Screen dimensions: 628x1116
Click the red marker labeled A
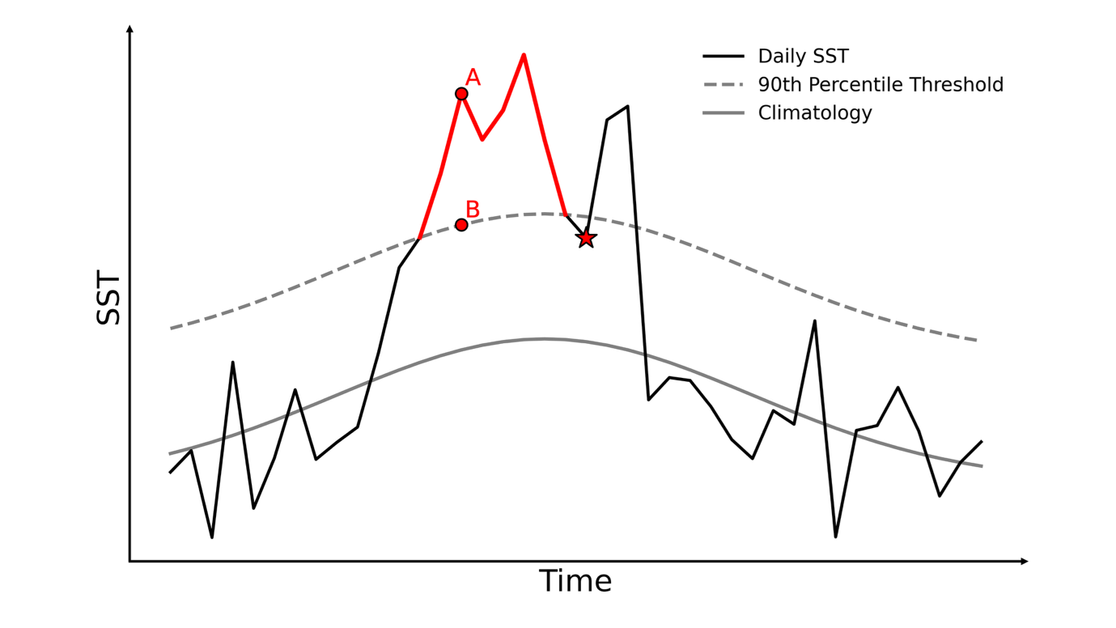tap(461, 94)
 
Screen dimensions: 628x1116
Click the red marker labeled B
tap(461, 225)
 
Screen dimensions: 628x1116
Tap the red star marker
tap(586, 238)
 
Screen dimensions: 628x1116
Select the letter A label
tap(473, 78)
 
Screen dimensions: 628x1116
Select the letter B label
tap(473, 210)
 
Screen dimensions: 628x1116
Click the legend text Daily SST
tap(803, 57)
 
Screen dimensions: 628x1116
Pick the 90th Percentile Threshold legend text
tap(880, 85)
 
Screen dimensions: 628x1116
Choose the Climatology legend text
tap(814, 113)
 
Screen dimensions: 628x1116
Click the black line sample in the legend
tap(723, 57)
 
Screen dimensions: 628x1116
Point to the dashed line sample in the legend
tap(723, 85)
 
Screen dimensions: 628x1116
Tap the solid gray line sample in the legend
tap(723, 113)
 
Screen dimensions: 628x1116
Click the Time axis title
tap(575, 582)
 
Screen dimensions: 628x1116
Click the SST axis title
tap(108, 300)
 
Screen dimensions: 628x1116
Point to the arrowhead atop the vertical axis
tap(129, 29)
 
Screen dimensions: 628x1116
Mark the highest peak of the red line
tap(524, 55)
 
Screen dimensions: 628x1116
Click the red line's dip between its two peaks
tap(482, 139)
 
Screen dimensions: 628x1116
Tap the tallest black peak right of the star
tap(627, 106)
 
